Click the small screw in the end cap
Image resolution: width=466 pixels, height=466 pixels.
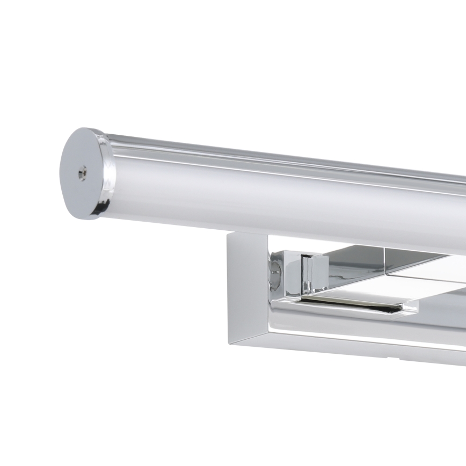coord(82,172)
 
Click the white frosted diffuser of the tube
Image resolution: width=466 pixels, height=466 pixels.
coord(268,199)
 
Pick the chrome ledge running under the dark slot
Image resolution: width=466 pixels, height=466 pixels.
coord(344,309)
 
